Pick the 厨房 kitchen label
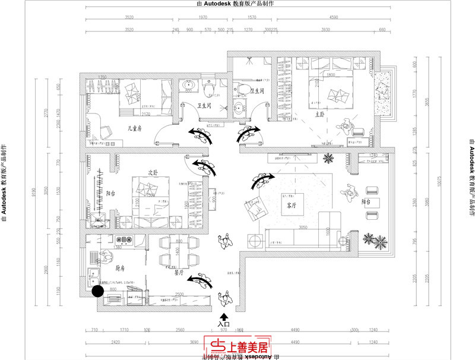coord(120,268)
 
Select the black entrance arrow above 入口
coord(223,317)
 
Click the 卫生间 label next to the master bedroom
coord(256,91)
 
